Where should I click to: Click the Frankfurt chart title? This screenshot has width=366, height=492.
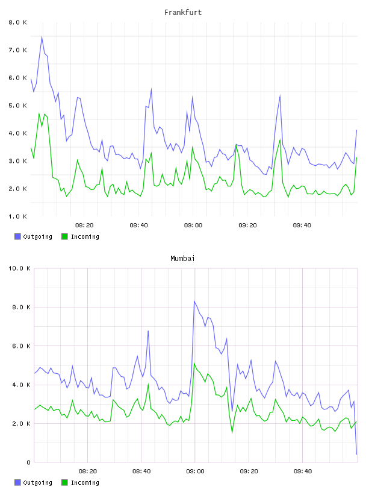pyautogui.click(x=183, y=13)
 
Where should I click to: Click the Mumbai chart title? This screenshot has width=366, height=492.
pyautogui.click(x=182, y=259)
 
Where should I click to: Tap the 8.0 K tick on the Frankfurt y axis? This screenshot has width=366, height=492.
pyautogui.click(x=17, y=22)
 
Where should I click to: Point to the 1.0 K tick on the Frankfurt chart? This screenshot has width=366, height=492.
pyautogui.click(x=17, y=216)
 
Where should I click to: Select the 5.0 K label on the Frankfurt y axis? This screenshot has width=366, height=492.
pyautogui.click(x=17, y=106)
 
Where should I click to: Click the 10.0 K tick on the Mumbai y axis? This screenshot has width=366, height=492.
pyautogui.click(x=19, y=268)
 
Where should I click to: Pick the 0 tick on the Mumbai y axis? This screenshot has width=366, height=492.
pyautogui.click(x=28, y=462)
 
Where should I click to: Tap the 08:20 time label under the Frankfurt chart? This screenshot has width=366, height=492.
pyautogui.click(x=84, y=225)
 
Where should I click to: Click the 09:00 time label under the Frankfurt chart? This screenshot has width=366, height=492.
pyautogui.click(x=193, y=225)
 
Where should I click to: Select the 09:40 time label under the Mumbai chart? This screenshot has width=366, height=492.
pyautogui.click(x=303, y=471)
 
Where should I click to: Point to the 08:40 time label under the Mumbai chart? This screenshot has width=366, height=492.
pyautogui.click(x=141, y=471)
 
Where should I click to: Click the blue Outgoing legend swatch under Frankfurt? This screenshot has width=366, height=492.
pyautogui.click(x=17, y=236)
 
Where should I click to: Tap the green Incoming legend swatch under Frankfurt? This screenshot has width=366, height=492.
pyautogui.click(x=64, y=236)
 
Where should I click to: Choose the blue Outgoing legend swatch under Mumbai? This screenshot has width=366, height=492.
pyautogui.click(x=17, y=482)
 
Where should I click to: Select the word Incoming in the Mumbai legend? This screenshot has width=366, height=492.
pyautogui.click(x=85, y=482)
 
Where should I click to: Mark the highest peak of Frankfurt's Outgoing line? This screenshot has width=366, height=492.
pyautogui.click(x=42, y=37)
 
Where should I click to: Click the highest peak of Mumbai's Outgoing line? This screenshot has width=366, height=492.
pyautogui.click(x=194, y=301)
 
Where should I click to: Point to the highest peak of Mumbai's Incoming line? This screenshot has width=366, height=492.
pyautogui.click(x=194, y=364)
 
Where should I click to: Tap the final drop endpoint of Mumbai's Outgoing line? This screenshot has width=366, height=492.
pyautogui.click(x=356, y=454)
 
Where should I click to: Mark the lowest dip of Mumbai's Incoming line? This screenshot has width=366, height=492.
pyautogui.click(x=232, y=433)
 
